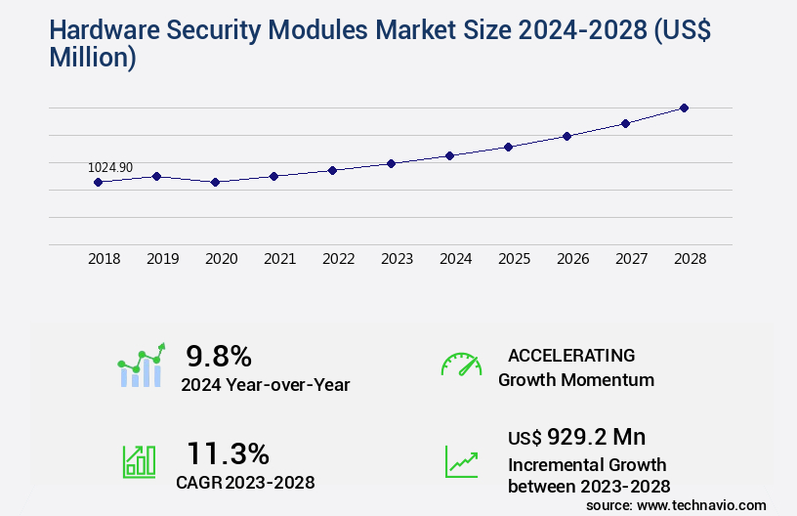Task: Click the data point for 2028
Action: pos(684,107)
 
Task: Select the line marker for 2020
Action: pos(215,182)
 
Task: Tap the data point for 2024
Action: pos(449,155)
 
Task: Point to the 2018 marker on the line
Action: pos(98,182)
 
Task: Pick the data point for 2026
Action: pos(566,136)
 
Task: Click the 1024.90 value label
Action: pos(110,167)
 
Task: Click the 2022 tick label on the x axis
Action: pos(338,259)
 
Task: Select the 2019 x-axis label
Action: pos(162,259)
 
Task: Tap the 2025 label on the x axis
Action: pos(514,259)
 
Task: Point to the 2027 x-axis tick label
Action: pos(631,259)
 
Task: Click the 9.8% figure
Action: pos(219,355)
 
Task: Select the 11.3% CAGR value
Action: pos(228,453)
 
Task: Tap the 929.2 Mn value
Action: pos(596,436)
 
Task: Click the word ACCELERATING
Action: pos(571,355)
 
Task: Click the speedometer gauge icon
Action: pos(461,365)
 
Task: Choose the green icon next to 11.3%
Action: pos(139,461)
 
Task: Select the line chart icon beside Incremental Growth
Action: pos(461,461)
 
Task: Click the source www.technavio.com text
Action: pos(676,504)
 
